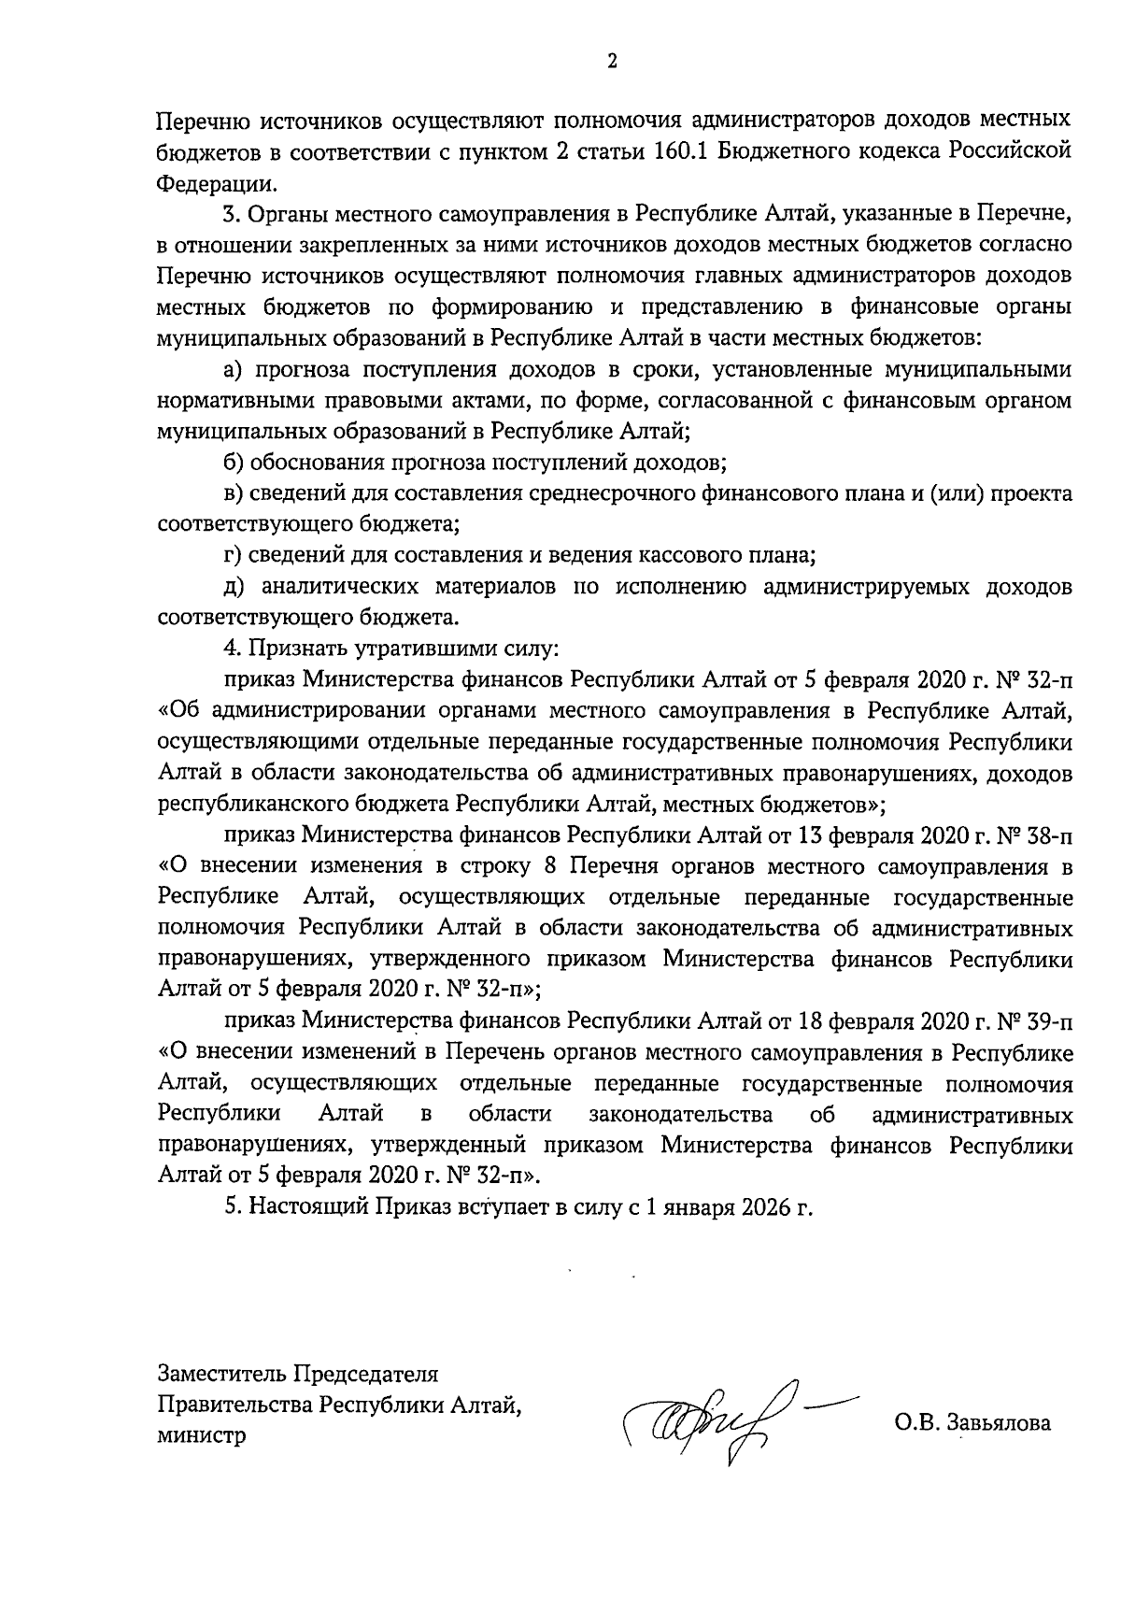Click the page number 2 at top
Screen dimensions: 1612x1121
(612, 62)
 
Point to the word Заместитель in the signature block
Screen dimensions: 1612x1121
(222, 1374)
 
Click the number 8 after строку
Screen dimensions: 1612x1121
(549, 865)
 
